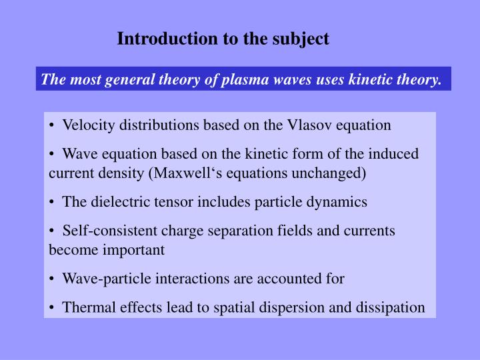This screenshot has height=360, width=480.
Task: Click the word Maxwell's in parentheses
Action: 183,173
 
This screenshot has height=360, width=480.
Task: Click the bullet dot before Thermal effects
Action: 52,307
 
